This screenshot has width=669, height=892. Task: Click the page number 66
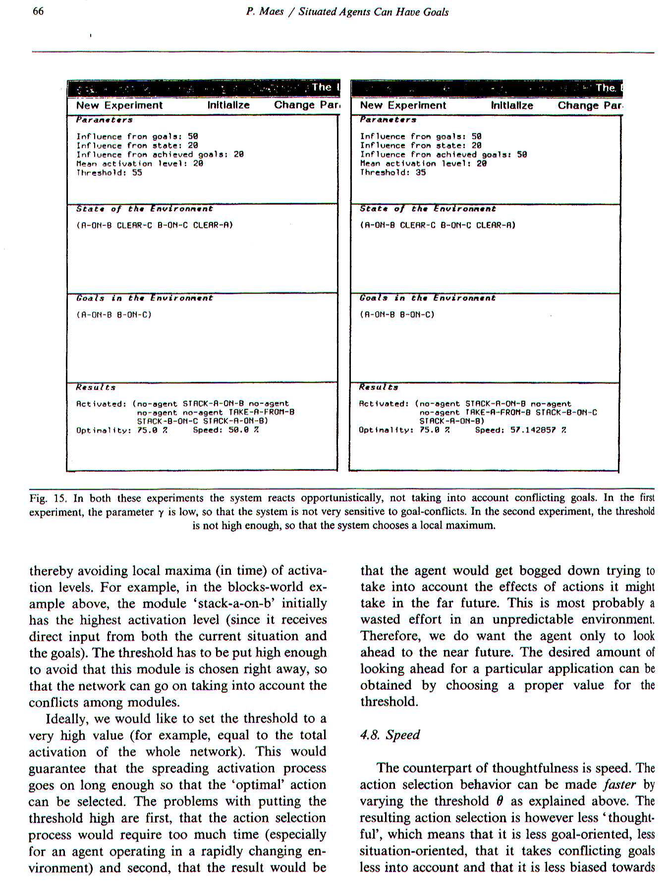[x=38, y=11]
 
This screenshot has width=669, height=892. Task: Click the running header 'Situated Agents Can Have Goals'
[x=373, y=12]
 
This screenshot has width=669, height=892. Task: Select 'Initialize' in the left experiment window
[x=228, y=105]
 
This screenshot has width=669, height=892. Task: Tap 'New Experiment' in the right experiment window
[x=403, y=105]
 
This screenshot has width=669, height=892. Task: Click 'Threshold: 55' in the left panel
[x=109, y=172]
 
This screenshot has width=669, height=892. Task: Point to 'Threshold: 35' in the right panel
[x=392, y=172]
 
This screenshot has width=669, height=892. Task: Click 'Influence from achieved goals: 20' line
[x=160, y=155]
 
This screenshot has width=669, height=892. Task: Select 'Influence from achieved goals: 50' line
[x=443, y=155]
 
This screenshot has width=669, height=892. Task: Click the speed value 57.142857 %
[x=521, y=430]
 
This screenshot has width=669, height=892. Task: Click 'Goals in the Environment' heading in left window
[x=144, y=298]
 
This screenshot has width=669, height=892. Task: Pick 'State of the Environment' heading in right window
[x=428, y=209]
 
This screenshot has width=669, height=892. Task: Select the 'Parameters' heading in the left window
[x=104, y=120]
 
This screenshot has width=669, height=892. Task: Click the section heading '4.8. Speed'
[x=390, y=734]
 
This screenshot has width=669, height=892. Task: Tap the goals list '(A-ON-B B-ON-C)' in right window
[x=397, y=314]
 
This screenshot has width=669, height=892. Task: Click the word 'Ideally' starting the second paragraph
[x=66, y=719]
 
